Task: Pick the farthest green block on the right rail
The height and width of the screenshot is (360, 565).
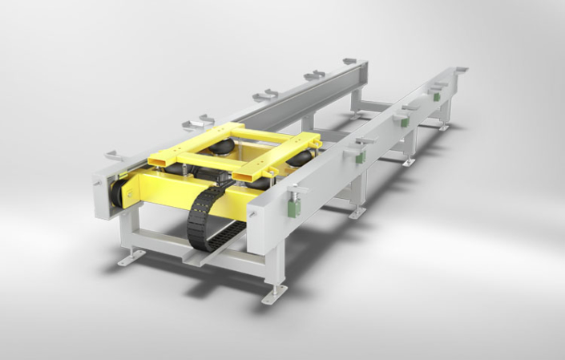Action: point(437,95)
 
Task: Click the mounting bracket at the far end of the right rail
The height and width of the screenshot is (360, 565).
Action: point(460,70)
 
